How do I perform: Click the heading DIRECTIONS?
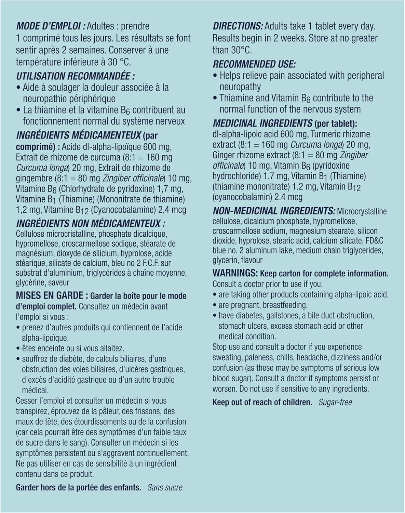coord(238,26)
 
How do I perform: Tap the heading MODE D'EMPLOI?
coord(50,26)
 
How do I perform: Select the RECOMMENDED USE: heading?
coord(254,64)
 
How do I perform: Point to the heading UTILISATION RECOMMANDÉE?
coord(75,76)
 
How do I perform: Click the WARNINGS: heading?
coord(235,273)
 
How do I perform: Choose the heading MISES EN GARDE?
coord(52,295)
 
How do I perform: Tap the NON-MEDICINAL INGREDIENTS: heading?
coord(274,211)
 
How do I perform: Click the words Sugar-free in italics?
coord(335,402)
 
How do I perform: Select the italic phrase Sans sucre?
coord(165,487)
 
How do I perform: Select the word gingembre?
coord(34,179)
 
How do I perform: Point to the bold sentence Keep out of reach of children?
coord(262,402)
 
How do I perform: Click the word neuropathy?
coord(240,87)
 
